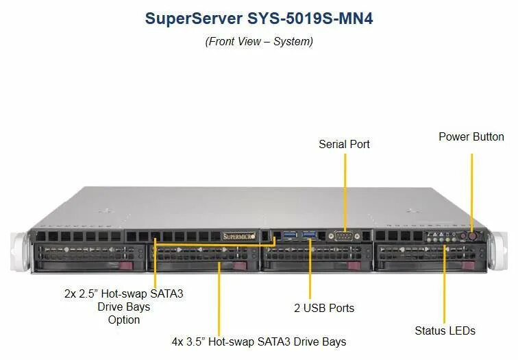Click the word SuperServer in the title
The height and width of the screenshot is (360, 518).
coord(193,19)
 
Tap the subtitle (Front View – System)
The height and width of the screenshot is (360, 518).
coord(259,41)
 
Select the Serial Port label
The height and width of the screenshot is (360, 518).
coord(344,144)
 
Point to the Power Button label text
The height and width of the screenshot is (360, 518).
coord(471,136)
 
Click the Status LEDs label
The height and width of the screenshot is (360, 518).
coord(445,331)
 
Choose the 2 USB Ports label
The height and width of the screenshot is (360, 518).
coord(324,308)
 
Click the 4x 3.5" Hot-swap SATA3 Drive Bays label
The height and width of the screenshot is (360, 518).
coord(258,341)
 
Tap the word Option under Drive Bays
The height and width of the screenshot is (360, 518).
coord(123,320)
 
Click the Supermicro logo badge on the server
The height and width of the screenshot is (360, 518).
coord(239,237)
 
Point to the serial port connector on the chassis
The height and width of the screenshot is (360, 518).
coord(344,235)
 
